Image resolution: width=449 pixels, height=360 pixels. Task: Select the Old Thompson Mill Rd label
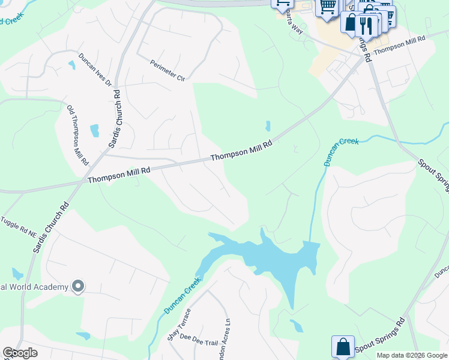[78, 136]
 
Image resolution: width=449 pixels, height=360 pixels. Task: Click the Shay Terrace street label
[179, 325]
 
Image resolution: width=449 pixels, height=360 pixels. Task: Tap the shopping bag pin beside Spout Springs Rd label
[343, 347]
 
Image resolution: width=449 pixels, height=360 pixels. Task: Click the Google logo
[20, 353]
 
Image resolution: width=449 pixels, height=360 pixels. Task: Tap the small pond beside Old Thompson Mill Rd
[94, 131]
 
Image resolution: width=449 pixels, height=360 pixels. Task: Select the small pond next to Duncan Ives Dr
[71, 64]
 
